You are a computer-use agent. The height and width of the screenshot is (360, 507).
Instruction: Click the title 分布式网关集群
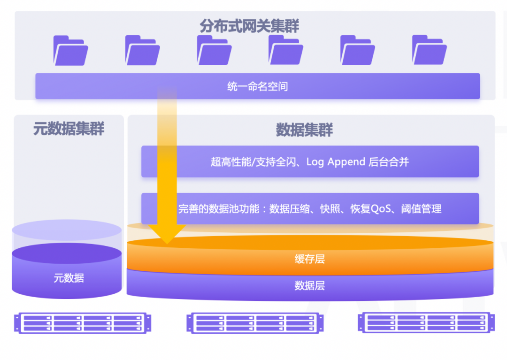pos(249,26)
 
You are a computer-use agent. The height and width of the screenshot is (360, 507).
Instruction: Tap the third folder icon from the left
pos(215,50)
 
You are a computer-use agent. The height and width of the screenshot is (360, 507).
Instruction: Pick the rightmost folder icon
pos(430,50)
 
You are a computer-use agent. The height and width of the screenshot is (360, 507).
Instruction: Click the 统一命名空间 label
pos(257,87)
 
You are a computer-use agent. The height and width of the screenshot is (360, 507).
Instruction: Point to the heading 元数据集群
pos(69,129)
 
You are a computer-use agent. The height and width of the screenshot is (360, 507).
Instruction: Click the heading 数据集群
pos(304,130)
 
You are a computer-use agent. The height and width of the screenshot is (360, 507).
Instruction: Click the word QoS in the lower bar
pos(381,209)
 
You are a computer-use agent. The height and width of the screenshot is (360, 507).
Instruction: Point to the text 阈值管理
pos(421,209)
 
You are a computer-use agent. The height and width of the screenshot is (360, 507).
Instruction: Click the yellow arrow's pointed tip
pos(167,244)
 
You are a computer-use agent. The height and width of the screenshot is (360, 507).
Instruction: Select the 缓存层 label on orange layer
pos(310,259)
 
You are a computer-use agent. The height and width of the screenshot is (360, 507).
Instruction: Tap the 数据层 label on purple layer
pos(310,286)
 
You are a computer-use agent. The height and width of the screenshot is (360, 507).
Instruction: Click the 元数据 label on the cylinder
pos(69,278)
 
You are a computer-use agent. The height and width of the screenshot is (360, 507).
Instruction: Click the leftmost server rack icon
pos(83,323)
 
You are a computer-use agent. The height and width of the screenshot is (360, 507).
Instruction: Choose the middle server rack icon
pos(255,323)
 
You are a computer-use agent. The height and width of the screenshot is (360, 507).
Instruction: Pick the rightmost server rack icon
pos(426,322)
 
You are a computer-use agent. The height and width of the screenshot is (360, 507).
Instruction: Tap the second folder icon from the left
pos(143,50)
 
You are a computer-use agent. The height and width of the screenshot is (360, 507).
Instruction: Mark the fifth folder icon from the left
pos(358,50)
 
